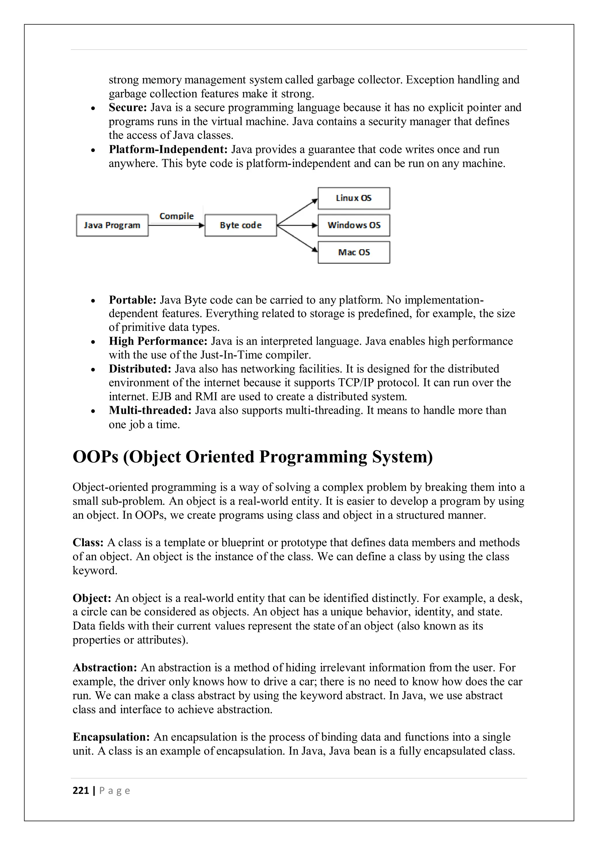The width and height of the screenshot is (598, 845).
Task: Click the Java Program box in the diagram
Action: pyautogui.click(x=112, y=225)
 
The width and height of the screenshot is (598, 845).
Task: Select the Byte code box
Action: pyautogui.click(x=240, y=225)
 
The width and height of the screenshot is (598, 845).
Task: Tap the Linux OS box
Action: pyautogui.click(x=354, y=198)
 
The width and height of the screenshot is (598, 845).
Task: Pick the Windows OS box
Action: pyautogui.click(x=354, y=225)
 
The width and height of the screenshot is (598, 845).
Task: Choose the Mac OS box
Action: pyautogui.click(x=354, y=252)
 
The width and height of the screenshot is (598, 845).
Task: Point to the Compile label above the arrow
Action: pyautogui.click(x=176, y=216)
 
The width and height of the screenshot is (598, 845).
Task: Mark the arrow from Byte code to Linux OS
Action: pyautogui.click(x=297, y=212)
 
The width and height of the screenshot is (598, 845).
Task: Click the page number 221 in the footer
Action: pyautogui.click(x=81, y=790)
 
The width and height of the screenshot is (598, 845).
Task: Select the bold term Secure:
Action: pyautogui.click(x=128, y=107)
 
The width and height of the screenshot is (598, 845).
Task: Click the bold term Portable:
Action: pyautogui.click(x=133, y=300)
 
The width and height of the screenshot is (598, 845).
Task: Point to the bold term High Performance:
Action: pyautogui.click(x=158, y=341)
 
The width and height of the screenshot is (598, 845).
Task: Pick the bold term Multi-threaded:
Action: pyautogui.click(x=150, y=410)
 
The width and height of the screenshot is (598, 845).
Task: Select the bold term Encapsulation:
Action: pyautogui.click(x=111, y=737)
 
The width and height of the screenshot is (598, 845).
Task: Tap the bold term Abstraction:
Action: pyautogui.click(x=105, y=668)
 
